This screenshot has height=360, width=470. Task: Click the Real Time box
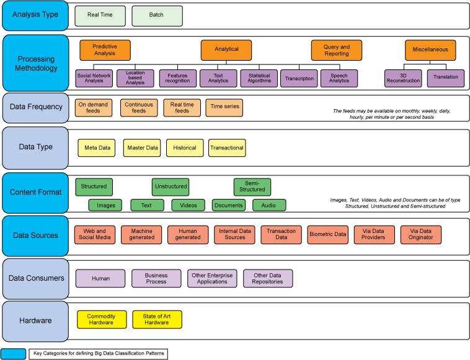pyautogui.click(x=100, y=15)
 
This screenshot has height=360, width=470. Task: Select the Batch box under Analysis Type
pyautogui.click(x=157, y=15)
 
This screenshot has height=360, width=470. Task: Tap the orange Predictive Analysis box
pyautogui.click(x=105, y=50)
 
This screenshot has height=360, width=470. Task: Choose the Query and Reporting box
pyautogui.click(x=336, y=50)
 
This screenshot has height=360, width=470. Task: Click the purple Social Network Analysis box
pyautogui.click(x=94, y=78)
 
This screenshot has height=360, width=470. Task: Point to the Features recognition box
pyautogui.click(x=177, y=78)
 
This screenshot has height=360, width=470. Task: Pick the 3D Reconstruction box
pyautogui.click(x=403, y=78)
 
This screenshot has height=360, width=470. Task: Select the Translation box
pyautogui.click(x=446, y=78)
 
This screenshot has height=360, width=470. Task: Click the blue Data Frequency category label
pyautogui.click(x=35, y=107)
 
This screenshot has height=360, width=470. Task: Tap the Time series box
pyautogui.click(x=224, y=108)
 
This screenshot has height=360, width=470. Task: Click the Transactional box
pyautogui.click(x=227, y=147)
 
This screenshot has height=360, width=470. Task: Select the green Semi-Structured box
pyautogui.click(x=252, y=187)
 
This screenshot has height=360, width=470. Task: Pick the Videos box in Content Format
pyautogui.click(x=188, y=205)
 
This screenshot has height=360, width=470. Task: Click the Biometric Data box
pyautogui.click(x=327, y=234)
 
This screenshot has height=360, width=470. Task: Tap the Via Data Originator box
pyautogui.click(x=420, y=234)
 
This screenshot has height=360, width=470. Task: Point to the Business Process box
pyautogui.click(x=156, y=279)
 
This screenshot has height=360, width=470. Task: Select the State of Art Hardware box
pyautogui.click(x=157, y=320)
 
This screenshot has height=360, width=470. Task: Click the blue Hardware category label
pyautogui.click(x=35, y=320)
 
